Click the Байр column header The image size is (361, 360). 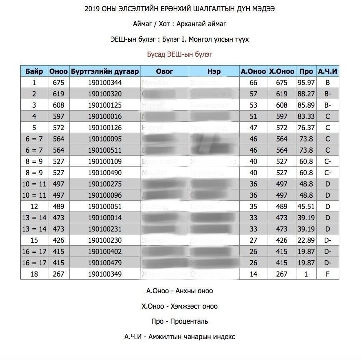(x=34, y=71)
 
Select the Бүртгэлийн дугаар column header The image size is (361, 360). (x=105, y=71)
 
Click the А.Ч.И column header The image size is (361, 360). (x=327, y=71)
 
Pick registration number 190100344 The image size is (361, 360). (x=105, y=83)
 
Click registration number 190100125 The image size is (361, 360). (x=105, y=105)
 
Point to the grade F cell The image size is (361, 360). (x=327, y=274)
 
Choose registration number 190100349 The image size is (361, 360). (x=105, y=274)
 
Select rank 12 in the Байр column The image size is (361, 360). (x=34, y=206)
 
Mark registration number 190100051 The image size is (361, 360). (x=105, y=206)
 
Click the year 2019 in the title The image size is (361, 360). (x=92, y=9)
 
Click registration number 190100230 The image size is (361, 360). (x=105, y=240)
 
